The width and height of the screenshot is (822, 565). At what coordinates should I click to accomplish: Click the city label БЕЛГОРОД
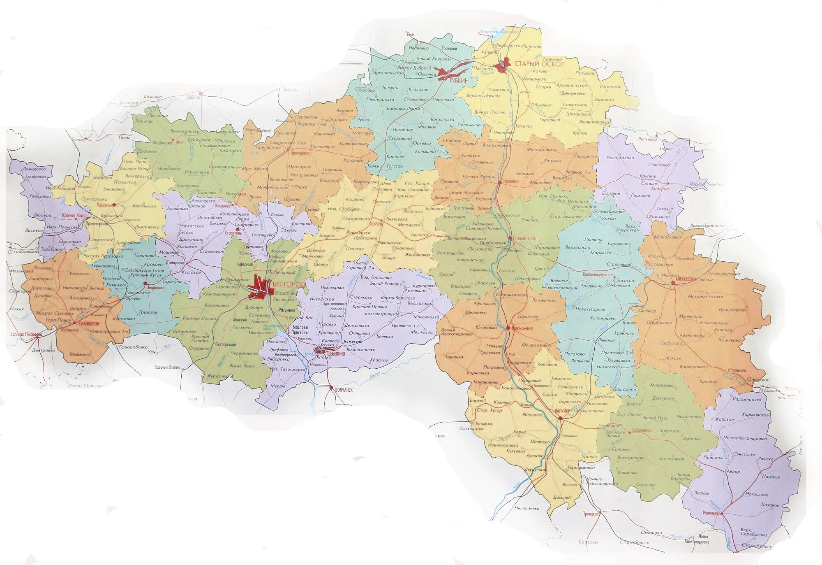point(289,284)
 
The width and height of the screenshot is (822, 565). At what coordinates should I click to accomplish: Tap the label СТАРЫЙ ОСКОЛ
point(539,64)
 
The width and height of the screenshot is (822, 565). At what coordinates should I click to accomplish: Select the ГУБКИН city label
point(459,81)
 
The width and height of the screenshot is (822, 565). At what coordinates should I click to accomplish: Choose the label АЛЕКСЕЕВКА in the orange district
point(686,279)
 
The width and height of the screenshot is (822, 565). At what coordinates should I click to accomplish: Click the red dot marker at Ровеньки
point(722,514)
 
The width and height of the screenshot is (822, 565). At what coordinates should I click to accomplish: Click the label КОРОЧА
point(376,224)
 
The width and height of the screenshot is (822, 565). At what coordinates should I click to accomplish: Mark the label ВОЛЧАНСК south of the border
point(344,390)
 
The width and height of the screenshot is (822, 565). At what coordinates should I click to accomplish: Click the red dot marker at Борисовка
point(145,283)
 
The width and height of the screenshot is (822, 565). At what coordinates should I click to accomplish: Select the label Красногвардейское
point(598,274)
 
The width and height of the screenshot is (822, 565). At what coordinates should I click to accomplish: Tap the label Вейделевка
point(642,430)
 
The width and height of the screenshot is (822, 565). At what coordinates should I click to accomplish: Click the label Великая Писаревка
point(26,335)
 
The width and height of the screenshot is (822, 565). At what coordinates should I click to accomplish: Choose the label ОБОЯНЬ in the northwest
point(193,97)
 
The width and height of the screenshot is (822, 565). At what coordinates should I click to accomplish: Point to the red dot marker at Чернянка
point(499,181)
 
